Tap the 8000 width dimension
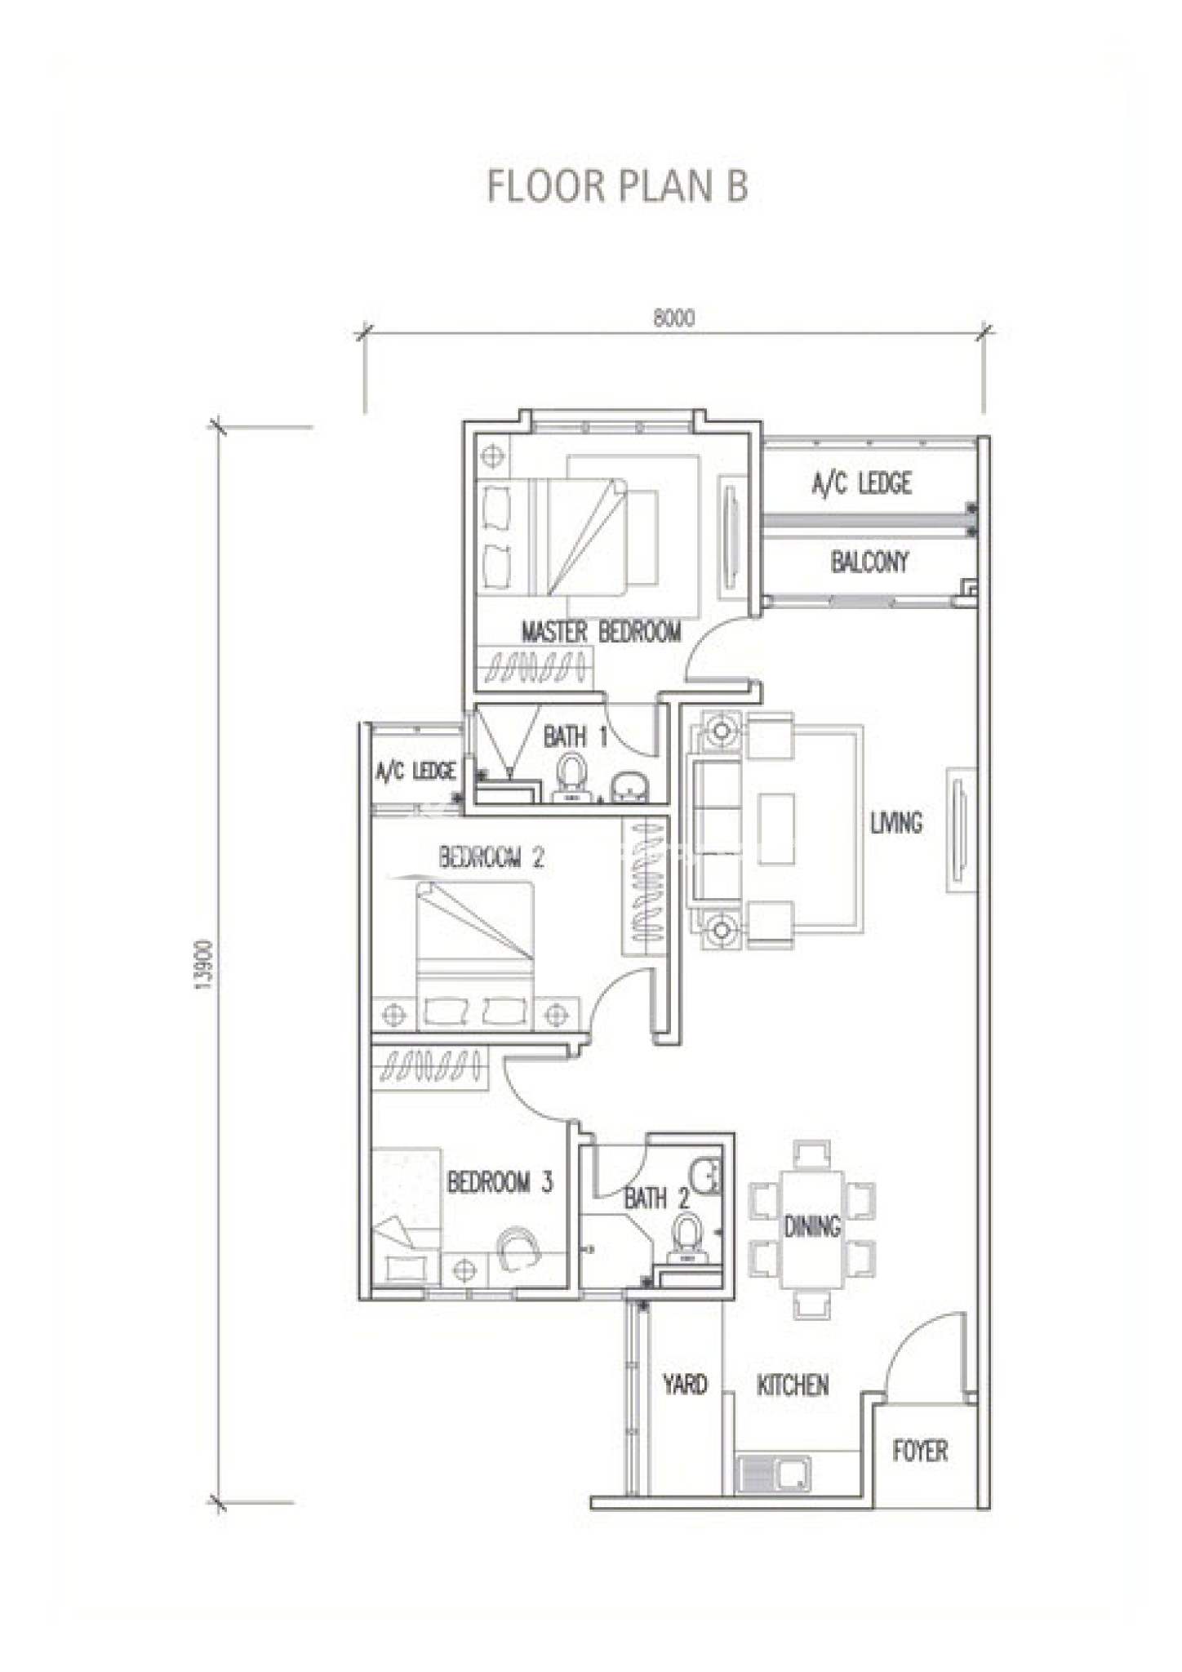click(674, 318)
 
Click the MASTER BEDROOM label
click(601, 632)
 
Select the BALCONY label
click(869, 562)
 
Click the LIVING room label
click(896, 822)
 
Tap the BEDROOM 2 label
click(491, 857)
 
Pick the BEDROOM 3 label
click(500, 1181)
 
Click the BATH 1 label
click(575, 736)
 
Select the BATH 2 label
click(656, 1198)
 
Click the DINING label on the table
click(812, 1226)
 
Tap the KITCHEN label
click(793, 1385)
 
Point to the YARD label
click(685, 1384)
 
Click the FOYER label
click(920, 1451)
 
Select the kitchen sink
click(774, 1474)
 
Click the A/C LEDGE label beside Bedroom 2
click(415, 770)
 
